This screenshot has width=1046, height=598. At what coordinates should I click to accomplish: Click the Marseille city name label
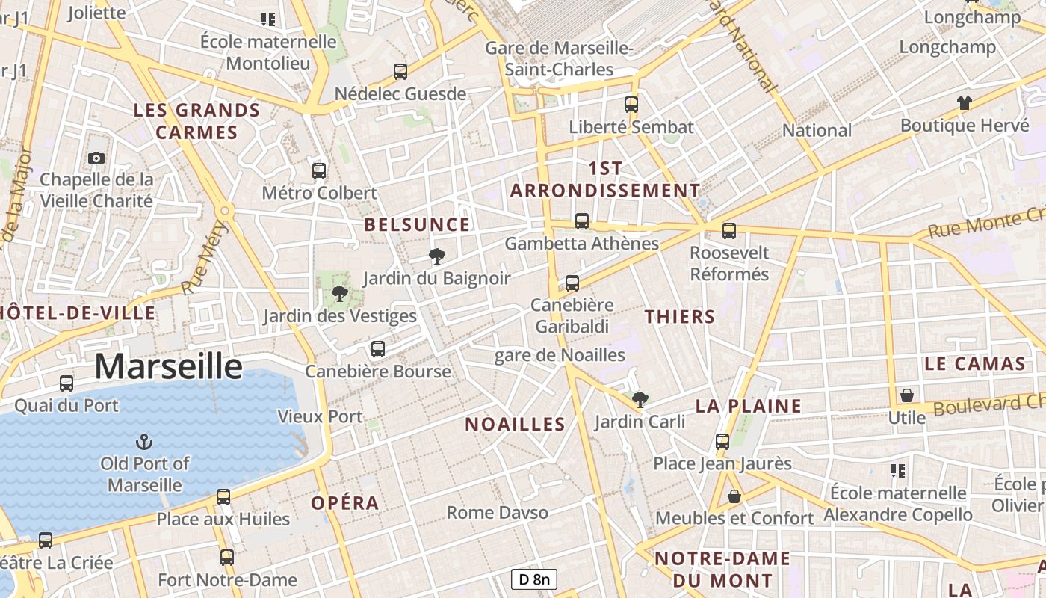click(x=168, y=367)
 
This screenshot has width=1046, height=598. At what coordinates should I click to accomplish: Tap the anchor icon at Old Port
click(x=145, y=442)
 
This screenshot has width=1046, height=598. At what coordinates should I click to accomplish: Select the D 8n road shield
click(x=534, y=579)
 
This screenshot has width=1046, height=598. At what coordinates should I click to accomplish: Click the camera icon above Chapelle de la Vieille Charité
click(x=96, y=158)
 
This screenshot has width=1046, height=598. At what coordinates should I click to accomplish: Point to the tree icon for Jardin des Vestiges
click(x=340, y=294)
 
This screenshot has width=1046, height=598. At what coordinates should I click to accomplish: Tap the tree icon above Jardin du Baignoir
click(x=437, y=257)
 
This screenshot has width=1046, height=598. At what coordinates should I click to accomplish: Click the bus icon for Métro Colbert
click(x=319, y=171)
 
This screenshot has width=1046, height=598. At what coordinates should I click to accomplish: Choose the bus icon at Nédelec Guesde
click(x=400, y=72)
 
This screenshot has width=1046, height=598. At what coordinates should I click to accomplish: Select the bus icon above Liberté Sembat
click(x=631, y=105)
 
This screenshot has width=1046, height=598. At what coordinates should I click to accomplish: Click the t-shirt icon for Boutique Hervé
click(x=965, y=103)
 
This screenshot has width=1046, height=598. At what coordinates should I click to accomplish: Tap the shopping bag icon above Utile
click(x=907, y=395)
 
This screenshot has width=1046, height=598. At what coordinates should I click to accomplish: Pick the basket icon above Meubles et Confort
click(x=734, y=496)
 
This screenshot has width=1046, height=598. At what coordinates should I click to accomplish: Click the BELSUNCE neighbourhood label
click(x=417, y=224)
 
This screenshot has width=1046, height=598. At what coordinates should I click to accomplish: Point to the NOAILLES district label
click(x=515, y=425)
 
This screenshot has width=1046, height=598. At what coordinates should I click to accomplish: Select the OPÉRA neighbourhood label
click(x=345, y=503)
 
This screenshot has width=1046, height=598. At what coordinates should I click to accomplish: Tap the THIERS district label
click(x=680, y=316)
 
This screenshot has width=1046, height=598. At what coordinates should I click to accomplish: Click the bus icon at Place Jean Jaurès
click(x=722, y=442)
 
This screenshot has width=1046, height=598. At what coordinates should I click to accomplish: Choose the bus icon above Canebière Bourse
click(x=378, y=349)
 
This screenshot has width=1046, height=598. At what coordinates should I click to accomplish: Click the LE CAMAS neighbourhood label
click(x=974, y=364)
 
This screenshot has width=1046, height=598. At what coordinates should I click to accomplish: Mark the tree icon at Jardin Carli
click(x=640, y=400)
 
